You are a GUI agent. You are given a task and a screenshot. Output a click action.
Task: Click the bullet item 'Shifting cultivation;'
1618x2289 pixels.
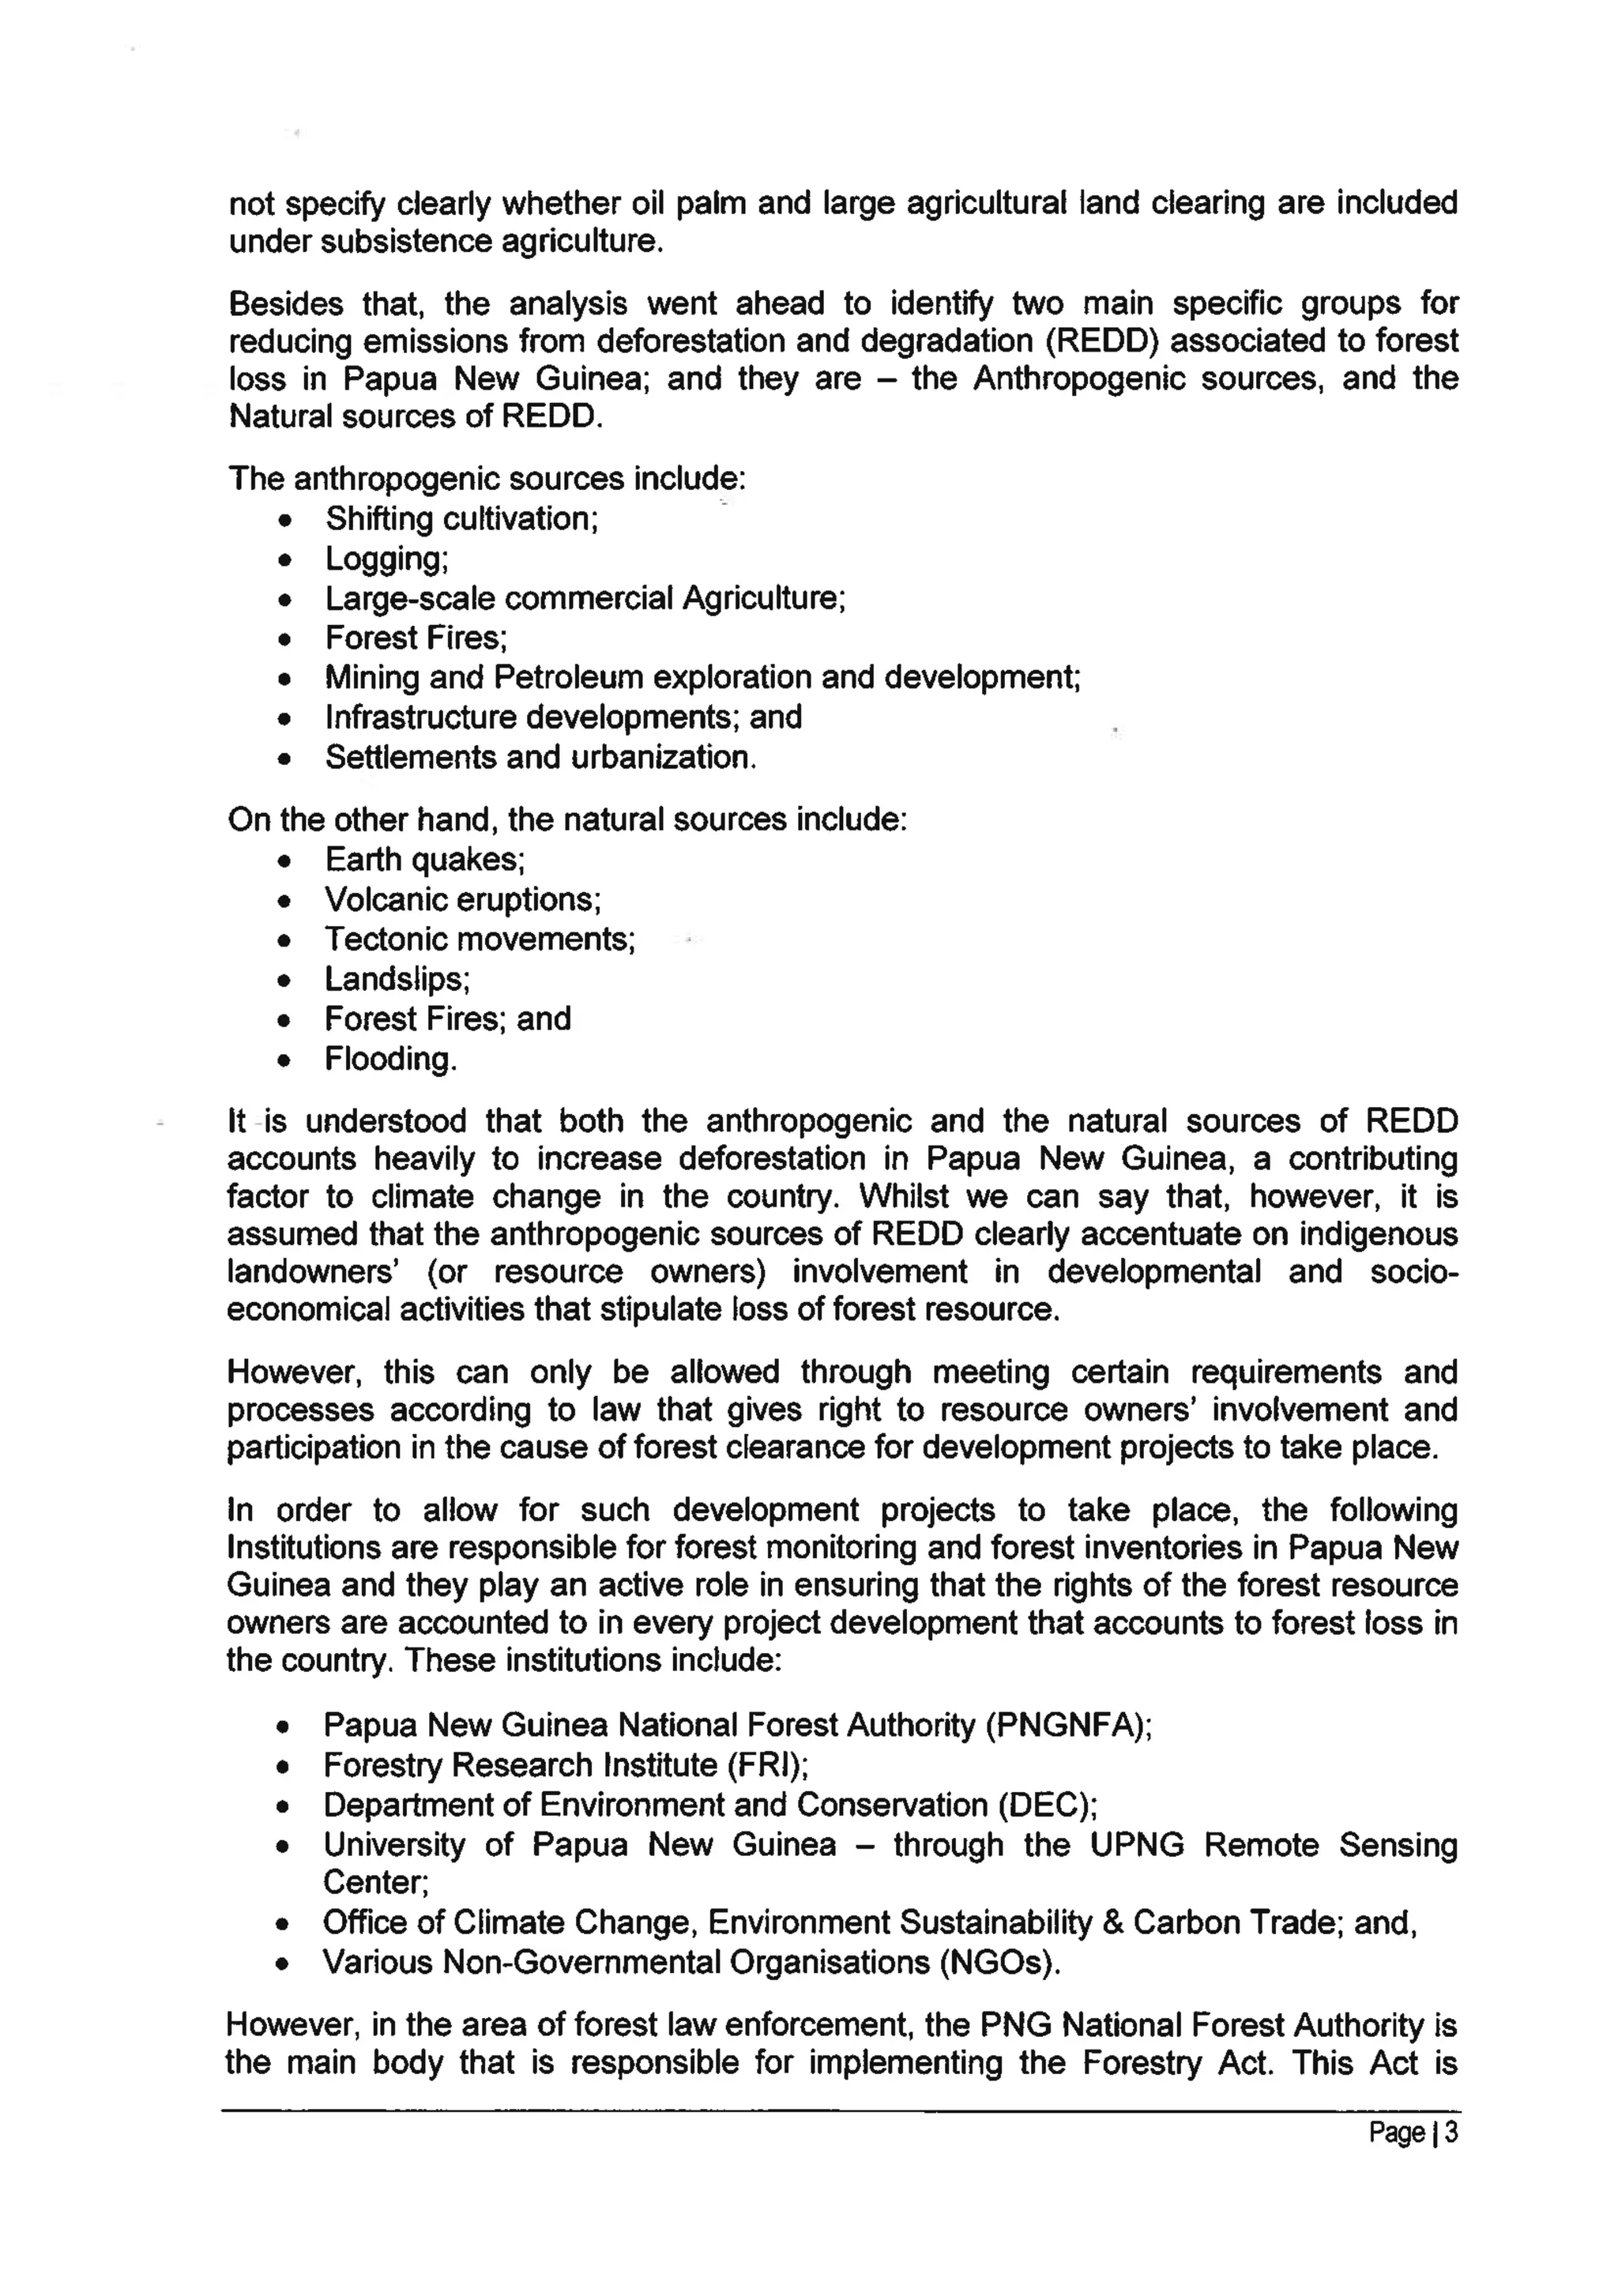coord(461,519)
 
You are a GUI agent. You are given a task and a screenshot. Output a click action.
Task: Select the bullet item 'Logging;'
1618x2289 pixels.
coord(387,559)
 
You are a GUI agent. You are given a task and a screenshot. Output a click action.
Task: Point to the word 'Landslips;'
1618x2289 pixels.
coord(397,980)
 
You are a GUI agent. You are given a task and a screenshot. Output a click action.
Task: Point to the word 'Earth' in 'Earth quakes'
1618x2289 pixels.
coord(362,860)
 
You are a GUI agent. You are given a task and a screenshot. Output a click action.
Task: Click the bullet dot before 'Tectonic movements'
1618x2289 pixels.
coord(285,941)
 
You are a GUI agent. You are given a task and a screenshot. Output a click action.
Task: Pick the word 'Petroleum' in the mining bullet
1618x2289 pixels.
coord(568,678)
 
